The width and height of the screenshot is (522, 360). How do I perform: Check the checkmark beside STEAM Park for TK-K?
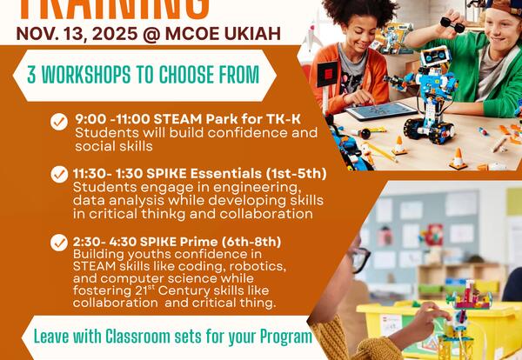coord(59,123)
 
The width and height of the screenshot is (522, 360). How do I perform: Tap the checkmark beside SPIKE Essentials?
coord(59,174)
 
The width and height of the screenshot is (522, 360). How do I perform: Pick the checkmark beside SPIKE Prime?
coord(59,243)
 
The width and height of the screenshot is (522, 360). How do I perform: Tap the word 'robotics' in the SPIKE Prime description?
coord(258,265)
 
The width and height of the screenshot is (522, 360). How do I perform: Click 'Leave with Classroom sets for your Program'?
coord(172,336)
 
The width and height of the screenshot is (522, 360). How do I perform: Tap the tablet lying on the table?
coord(379,110)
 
